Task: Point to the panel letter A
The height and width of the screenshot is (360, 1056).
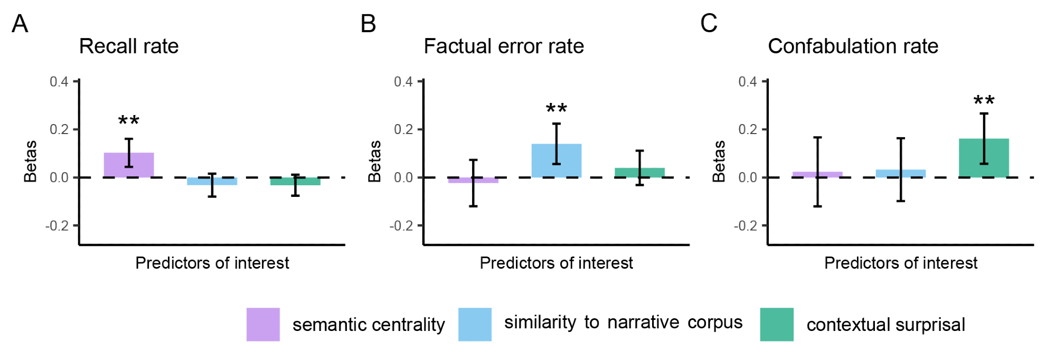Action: point(20,24)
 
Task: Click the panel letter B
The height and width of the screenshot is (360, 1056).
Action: point(368,24)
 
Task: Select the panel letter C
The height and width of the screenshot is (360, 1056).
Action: point(709,24)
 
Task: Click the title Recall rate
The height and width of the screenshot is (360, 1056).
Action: point(129,46)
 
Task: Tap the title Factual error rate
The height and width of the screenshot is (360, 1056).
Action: point(504,46)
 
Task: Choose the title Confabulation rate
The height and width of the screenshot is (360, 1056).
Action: point(853,46)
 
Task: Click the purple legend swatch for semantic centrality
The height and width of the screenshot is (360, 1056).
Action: point(263,324)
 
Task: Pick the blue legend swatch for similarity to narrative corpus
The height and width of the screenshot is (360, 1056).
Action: point(475,324)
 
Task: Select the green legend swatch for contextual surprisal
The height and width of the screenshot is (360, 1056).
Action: point(777,324)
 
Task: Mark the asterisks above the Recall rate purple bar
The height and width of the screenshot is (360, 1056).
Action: point(129,121)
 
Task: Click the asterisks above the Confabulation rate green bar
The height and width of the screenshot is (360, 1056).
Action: point(984,100)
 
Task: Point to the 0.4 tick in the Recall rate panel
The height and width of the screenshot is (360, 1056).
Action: point(59,81)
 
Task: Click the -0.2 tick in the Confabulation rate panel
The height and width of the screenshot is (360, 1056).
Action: point(746,226)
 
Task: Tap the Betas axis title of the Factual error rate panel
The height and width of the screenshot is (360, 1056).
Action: point(374,161)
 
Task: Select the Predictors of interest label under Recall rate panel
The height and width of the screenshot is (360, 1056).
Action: point(212,263)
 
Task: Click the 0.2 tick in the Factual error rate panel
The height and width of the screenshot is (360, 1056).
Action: point(403,129)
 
